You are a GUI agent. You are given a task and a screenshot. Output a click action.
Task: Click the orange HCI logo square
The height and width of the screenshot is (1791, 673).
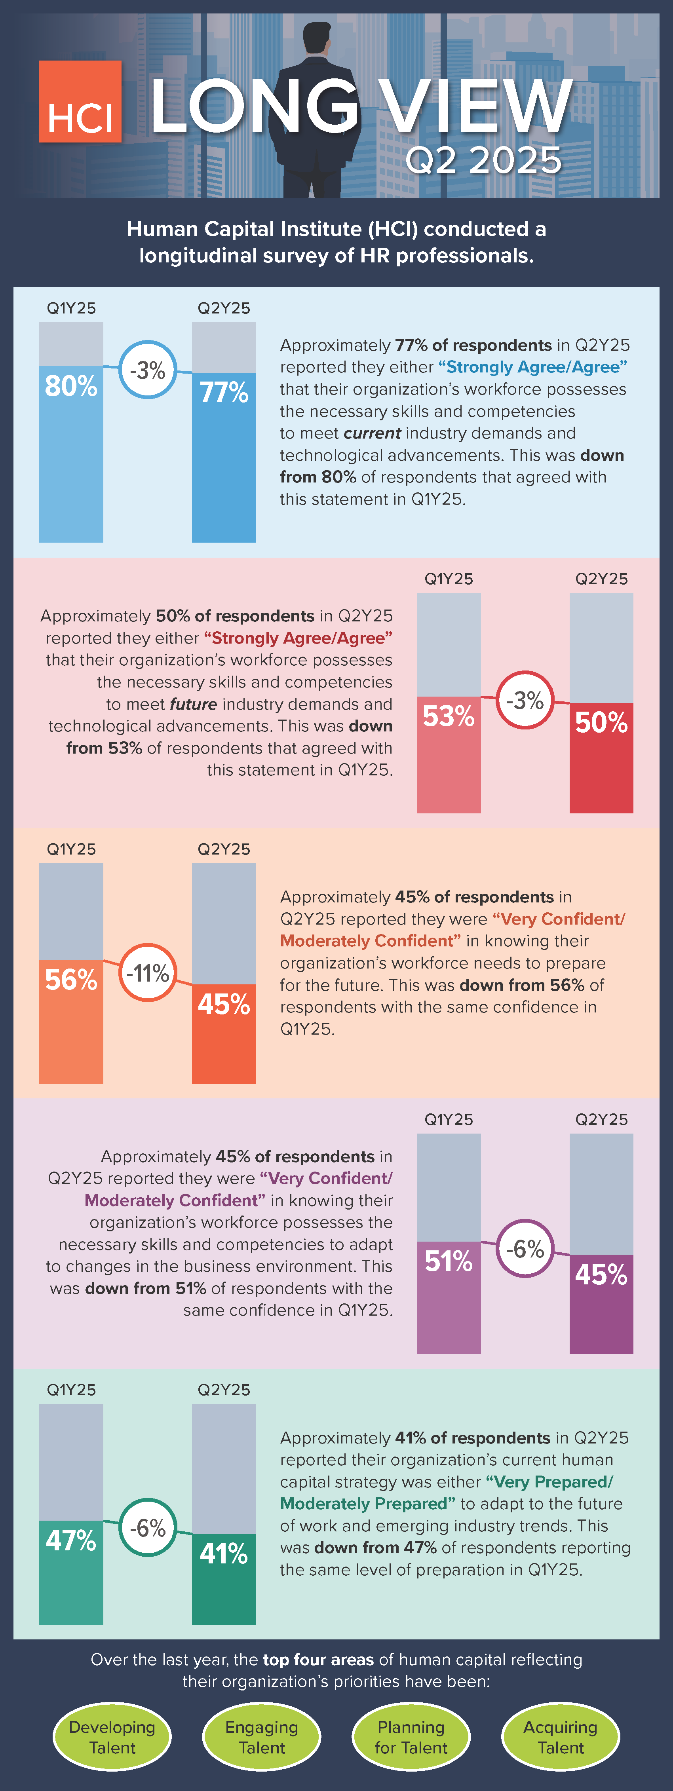80,101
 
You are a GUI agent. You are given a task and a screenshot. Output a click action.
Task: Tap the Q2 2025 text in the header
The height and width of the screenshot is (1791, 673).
483,161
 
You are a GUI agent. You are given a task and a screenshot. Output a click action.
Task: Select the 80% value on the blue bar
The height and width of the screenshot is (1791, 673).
71,386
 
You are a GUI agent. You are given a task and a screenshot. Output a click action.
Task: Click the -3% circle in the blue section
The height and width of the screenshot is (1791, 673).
147,370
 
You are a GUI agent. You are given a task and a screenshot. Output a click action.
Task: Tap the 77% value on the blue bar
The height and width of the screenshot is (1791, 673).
224,393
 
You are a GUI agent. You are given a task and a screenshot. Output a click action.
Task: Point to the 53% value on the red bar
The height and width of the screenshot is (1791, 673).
449,716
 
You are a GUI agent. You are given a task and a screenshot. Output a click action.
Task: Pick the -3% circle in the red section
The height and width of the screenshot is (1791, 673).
525,700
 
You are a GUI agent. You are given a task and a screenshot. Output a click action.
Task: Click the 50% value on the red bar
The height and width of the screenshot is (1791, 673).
601,723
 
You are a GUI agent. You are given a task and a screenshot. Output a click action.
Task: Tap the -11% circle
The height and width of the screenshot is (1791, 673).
147,972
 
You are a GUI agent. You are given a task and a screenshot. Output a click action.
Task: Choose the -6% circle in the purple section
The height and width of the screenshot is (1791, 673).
525,1249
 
